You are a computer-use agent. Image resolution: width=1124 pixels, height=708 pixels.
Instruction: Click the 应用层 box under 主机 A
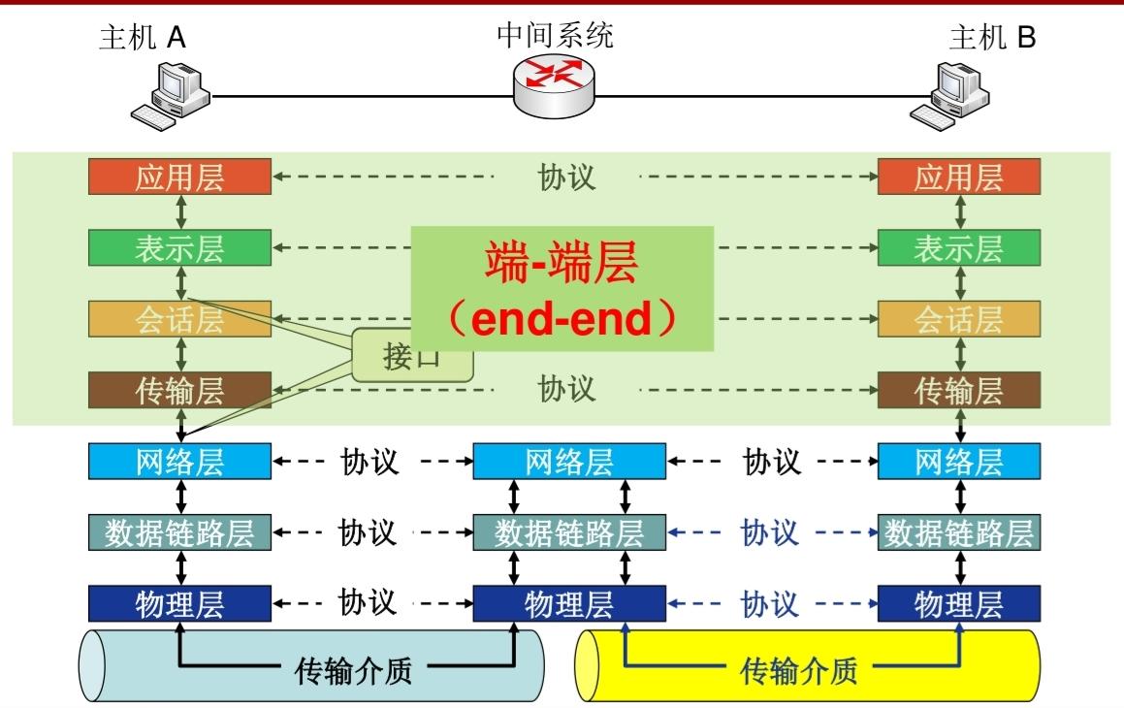179,177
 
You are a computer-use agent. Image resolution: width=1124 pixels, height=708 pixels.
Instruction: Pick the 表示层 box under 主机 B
959,248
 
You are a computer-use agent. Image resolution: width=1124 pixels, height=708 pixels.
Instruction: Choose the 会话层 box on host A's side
179,319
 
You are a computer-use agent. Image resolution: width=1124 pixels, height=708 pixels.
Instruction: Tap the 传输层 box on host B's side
959,390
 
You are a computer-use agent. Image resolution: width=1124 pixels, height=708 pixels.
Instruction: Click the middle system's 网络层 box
569,462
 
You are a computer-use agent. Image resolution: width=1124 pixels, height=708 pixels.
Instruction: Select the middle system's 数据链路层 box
569,532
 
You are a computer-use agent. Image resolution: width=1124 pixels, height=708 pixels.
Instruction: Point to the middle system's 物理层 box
569,604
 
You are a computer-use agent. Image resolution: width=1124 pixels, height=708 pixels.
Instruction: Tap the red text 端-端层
562,263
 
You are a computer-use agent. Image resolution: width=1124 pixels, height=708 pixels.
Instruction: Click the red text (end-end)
562,319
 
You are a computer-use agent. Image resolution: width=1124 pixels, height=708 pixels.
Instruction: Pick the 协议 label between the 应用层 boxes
567,177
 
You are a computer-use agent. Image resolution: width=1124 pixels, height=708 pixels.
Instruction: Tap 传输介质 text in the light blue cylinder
352,669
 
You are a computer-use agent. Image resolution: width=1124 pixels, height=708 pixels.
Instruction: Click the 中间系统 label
555,36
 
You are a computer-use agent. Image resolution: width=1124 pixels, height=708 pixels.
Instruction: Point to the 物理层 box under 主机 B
959,604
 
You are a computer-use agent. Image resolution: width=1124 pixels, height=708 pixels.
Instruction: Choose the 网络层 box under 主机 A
179,462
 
